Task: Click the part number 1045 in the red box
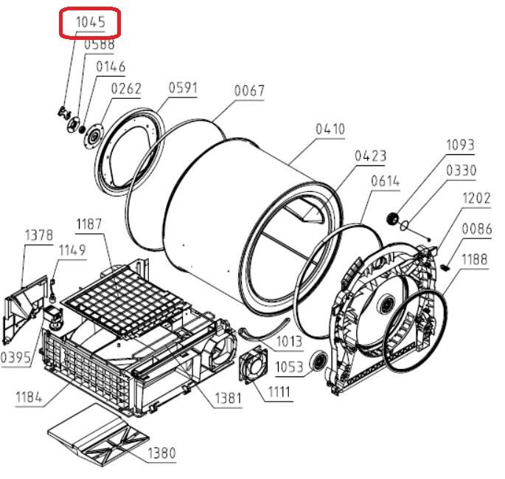click(x=91, y=22)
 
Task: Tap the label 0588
click(x=100, y=44)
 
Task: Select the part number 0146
click(x=111, y=66)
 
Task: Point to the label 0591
click(x=184, y=87)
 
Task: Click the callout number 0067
click(x=249, y=91)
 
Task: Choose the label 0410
click(x=330, y=129)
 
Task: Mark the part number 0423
click(x=370, y=156)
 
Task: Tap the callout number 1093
click(x=460, y=145)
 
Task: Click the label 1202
click(x=476, y=198)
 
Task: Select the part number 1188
click(x=474, y=259)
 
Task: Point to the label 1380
click(x=161, y=453)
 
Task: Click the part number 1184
click(x=29, y=397)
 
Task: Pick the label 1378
click(x=39, y=235)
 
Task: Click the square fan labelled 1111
click(x=253, y=365)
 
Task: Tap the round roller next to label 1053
click(x=318, y=360)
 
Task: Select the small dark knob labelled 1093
click(x=392, y=218)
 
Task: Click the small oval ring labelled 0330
click(x=405, y=225)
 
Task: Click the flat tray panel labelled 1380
click(x=98, y=435)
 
